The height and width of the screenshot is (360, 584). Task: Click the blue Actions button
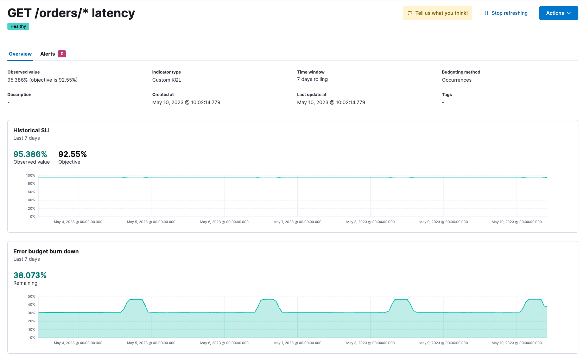(x=558, y=13)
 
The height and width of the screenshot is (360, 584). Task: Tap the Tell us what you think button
(x=437, y=13)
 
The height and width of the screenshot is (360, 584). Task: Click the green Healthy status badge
(x=18, y=26)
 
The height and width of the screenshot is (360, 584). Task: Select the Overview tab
(x=20, y=54)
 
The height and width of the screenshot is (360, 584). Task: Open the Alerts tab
(x=47, y=54)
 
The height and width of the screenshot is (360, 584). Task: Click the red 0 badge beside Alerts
(x=62, y=54)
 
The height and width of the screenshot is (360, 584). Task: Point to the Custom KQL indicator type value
(x=167, y=80)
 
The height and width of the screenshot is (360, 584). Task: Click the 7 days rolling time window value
(x=312, y=79)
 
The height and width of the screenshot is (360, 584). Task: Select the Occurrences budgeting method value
(x=457, y=80)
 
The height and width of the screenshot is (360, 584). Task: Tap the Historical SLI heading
(x=31, y=130)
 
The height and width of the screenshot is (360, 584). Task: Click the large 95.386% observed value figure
(x=30, y=154)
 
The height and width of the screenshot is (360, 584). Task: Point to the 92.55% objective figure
(x=72, y=154)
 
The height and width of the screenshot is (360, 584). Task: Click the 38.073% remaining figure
(x=30, y=275)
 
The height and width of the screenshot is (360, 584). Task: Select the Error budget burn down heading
(x=46, y=251)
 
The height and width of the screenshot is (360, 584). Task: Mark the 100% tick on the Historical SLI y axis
(x=31, y=175)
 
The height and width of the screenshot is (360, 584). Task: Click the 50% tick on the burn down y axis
(x=31, y=296)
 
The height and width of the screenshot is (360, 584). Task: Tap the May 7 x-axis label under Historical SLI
(x=297, y=222)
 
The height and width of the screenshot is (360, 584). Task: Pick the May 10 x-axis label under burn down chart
(x=516, y=343)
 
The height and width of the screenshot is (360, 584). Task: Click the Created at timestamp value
(x=186, y=102)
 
